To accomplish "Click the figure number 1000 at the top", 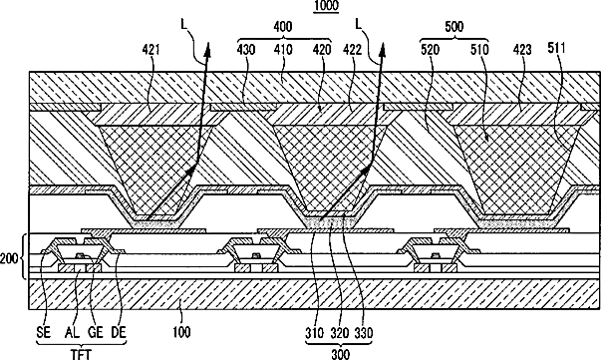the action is [x=326, y=5].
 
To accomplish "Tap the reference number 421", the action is [x=151, y=50].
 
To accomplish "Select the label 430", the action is [x=246, y=50].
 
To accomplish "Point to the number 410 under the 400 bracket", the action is [x=284, y=50].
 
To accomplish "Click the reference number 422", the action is [x=353, y=50].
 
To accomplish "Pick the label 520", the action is [x=430, y=50].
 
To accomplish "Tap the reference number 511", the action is [x=556, y=48].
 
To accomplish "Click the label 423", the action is [x=522, y=50].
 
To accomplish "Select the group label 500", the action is [x=454, y=27].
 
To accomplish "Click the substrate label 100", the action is [x=181, y=332].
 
